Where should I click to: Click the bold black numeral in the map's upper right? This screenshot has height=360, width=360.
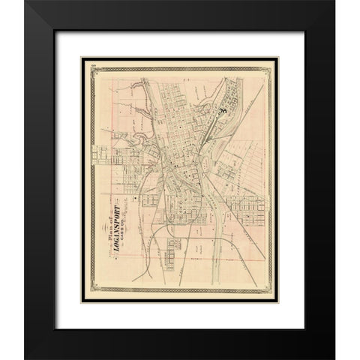(x=223, y=111)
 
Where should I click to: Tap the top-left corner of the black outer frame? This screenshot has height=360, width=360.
(x=25, y=2)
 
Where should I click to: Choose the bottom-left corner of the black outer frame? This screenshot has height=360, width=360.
(x=25, y=358)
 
